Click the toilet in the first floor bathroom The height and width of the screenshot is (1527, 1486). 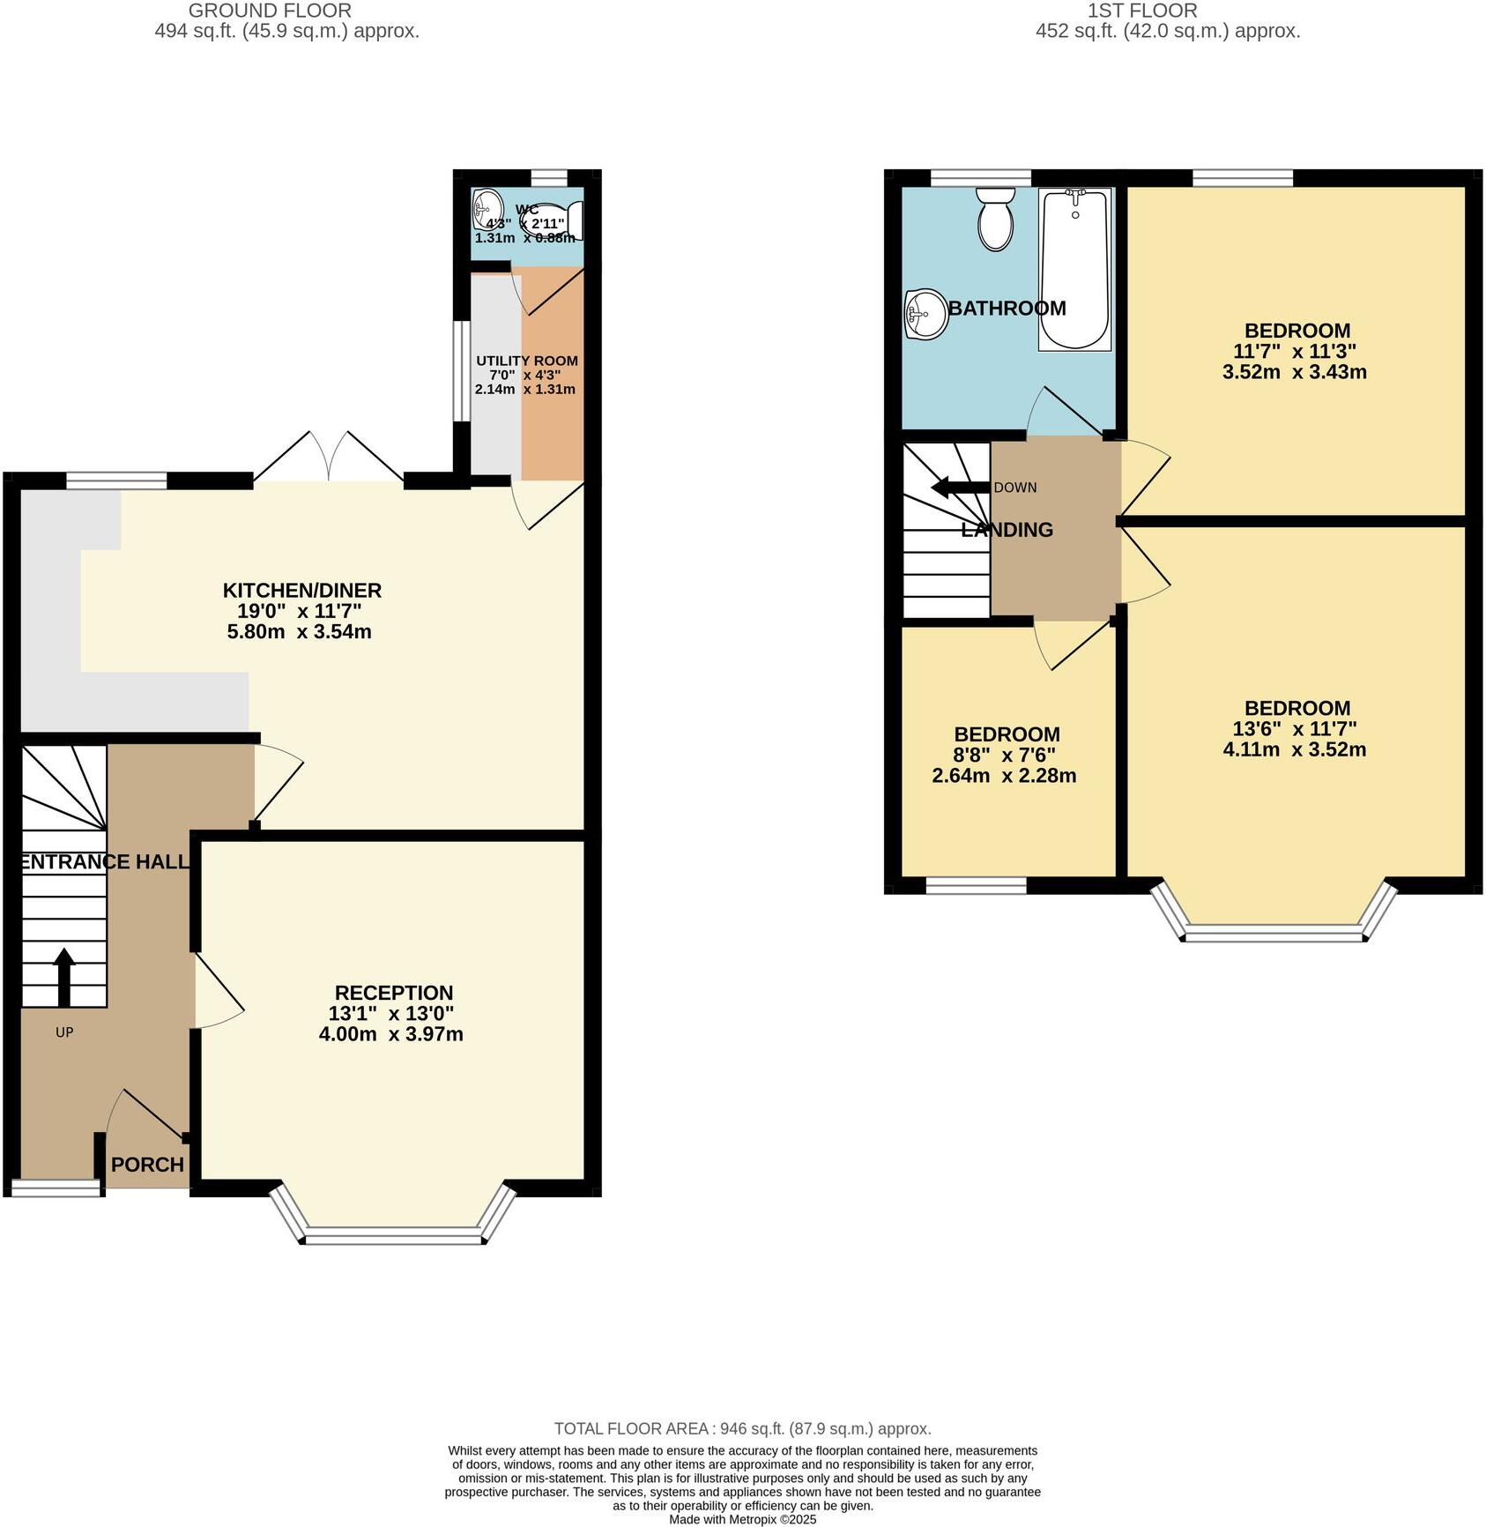coord(995,220)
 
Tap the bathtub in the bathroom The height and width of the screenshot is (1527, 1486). coord(1074,269)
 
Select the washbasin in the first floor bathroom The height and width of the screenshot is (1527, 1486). coord(925,314)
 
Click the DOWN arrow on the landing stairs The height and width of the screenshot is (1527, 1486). coord(960,488)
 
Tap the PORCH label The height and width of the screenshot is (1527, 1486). coord(147,1165)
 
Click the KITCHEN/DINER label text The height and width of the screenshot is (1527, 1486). coord(301,590)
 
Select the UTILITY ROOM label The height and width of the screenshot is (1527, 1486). coord(527,361)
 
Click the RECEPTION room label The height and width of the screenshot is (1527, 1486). coord(393,993)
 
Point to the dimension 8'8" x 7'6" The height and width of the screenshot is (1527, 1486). coord(1005,755)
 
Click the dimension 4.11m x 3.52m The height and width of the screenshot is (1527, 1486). coord(1294,749)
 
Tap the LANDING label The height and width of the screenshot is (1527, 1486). coord(1007,530)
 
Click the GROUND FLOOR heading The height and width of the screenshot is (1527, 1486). coord(270,11)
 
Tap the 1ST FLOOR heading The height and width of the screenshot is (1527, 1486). coord(1141,11)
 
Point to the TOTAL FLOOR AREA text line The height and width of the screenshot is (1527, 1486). coord(742,1428)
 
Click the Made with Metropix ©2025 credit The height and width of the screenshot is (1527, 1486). coord(742,1519)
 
